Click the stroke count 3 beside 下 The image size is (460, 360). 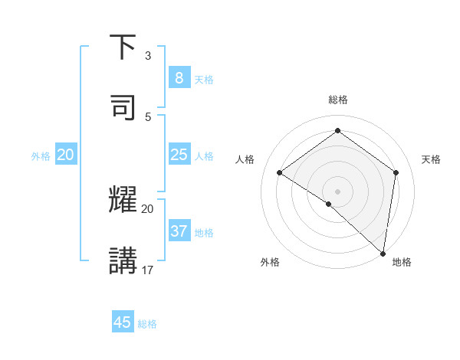148,56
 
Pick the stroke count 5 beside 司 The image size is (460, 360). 148,116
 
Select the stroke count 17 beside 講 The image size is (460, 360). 148,270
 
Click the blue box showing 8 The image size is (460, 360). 179,78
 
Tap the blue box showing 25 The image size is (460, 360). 179,155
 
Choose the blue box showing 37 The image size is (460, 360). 179,231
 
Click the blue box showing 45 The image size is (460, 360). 123,322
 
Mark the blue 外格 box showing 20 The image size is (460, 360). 65,155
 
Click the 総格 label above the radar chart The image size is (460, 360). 338,100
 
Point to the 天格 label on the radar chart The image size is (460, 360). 431,159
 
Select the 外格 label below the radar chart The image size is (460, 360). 270,262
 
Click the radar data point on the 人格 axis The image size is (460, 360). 280,172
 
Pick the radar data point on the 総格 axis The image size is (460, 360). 338,131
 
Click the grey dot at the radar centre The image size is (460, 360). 338,191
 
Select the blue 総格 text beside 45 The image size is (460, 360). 147,324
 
